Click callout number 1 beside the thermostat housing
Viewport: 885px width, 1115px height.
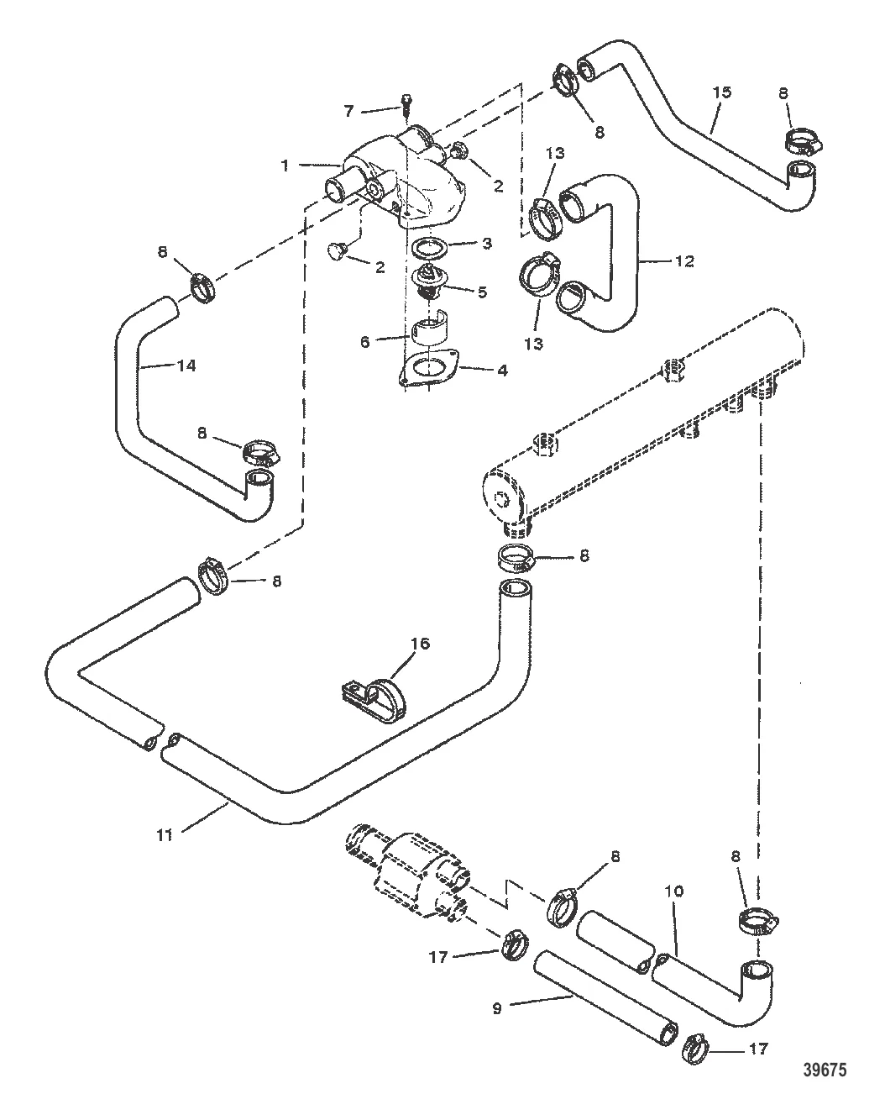click(285, 166)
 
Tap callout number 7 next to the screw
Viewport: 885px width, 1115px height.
click(349, 110)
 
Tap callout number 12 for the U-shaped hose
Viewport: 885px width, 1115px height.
click(684, 261)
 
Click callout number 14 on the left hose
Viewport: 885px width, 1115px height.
click(186, 366)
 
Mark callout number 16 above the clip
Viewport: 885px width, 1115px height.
click(420, 644)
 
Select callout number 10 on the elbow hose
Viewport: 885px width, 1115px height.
click(678, 890)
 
